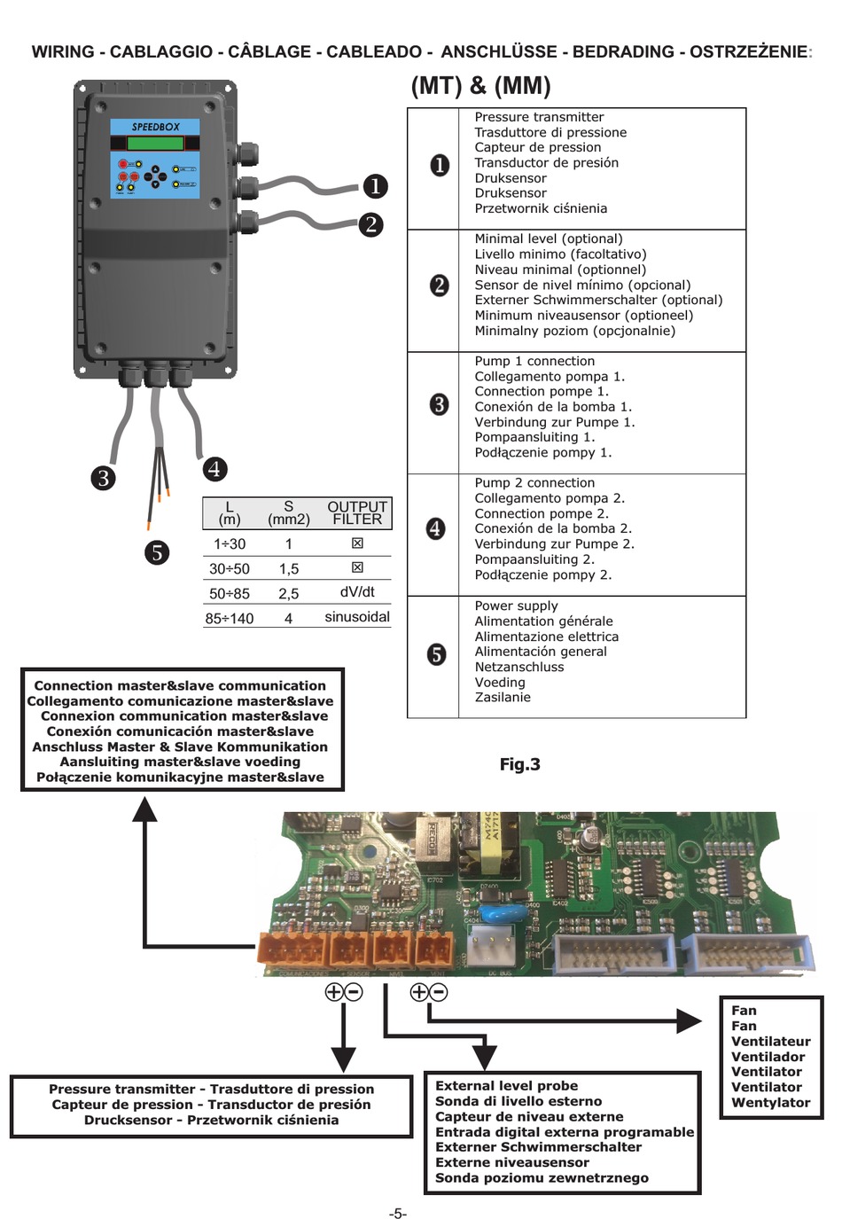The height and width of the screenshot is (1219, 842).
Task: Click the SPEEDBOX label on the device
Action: point(155,127)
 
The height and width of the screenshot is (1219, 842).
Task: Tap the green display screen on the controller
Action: point(155,144)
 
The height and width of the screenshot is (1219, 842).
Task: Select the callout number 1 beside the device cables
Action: point(375,186)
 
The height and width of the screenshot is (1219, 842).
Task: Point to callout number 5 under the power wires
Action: point(157,552)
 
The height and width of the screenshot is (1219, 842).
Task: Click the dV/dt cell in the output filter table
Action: point(357,592)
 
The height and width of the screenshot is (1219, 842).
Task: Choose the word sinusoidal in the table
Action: point(357,617)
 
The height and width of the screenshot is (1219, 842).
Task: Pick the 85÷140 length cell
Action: point(230,618)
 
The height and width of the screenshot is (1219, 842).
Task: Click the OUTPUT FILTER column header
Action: point(357,513)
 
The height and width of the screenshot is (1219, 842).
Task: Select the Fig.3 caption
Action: point(519,764)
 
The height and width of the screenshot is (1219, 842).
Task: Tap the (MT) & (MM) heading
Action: point(480,86)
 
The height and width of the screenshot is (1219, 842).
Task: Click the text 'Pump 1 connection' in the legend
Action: point(534,361)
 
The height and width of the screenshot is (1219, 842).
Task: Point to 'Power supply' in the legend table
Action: point(516,606)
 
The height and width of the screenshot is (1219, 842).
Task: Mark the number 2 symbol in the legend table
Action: point(439,285)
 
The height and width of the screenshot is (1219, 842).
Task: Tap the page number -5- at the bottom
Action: point(398,1213)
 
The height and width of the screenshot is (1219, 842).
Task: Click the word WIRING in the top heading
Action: point(62,52)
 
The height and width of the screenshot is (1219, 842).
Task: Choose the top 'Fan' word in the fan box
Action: point(744,1011)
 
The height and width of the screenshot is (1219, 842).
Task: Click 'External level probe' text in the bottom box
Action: point(506,1086)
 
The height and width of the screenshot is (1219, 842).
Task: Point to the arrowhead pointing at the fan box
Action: point(690,1021)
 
